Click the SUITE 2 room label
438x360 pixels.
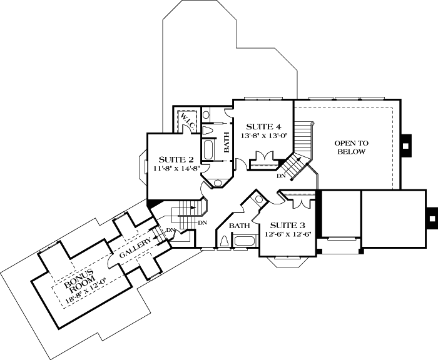170,159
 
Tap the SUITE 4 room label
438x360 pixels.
260,126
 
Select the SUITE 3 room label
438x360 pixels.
287,225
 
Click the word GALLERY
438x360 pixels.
131,246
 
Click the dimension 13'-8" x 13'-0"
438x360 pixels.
263,136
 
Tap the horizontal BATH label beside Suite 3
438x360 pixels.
239,225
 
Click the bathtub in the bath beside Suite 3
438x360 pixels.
245,242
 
